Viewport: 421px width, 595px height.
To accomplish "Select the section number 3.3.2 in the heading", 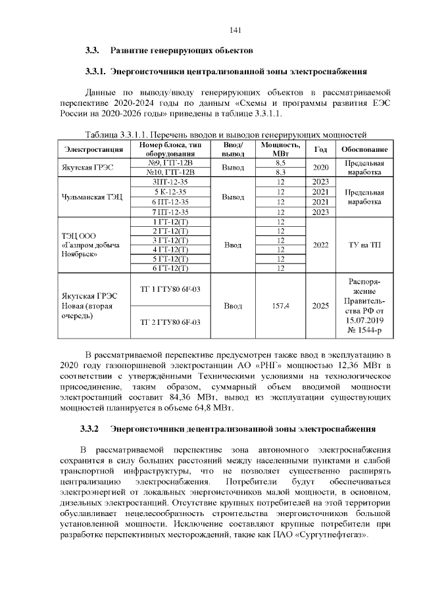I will pos(89,429).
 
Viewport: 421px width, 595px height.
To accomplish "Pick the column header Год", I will pos(320,149).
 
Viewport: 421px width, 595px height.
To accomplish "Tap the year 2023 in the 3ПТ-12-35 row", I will pos(320,181).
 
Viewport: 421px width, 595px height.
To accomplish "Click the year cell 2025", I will pos(320,306).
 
